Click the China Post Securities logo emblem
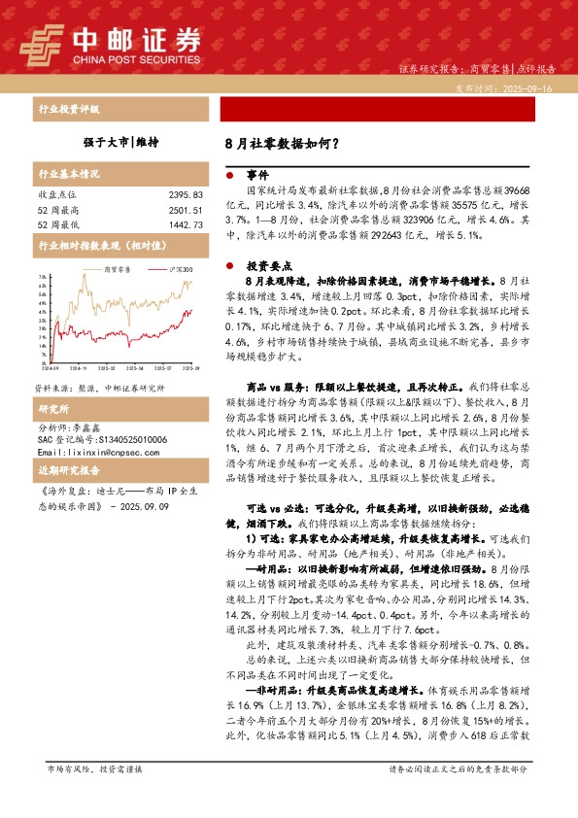point(39,42)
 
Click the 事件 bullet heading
point(256,176)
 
